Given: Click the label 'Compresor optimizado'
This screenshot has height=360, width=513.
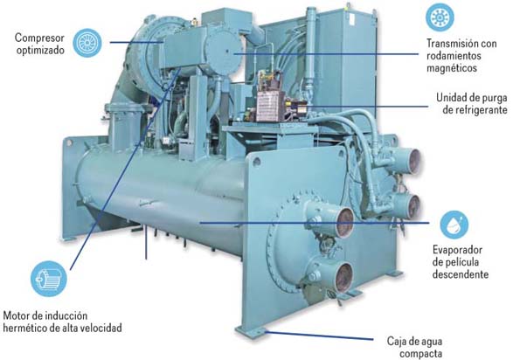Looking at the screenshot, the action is [x=39, y=44].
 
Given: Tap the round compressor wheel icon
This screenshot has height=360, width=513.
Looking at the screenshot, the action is [x=87, y=43].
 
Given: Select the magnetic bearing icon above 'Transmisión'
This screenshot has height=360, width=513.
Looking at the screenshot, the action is [x=440, y=17].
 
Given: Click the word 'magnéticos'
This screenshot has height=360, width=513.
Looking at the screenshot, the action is [x=452, y=68].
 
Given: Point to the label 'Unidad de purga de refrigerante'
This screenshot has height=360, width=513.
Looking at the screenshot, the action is [x=472, y=103].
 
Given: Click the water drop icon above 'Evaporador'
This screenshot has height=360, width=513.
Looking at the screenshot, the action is [x=454, y=225].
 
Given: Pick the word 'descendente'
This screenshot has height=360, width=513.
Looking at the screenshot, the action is [x=461, y=274].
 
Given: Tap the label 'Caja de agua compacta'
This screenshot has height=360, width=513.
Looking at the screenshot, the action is [x=415, y=347].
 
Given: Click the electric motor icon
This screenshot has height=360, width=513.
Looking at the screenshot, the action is [x=49, y=279].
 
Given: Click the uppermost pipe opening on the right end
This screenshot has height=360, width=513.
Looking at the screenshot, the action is [x=409, y=160].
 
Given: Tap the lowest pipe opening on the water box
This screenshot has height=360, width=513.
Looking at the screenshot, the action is [x=343, y=278].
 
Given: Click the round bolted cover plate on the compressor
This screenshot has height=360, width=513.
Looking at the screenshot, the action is [x=224, y=52].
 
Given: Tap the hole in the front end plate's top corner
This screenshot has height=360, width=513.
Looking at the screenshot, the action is [x=257, y=162].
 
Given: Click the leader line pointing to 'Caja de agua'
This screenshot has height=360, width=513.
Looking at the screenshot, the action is [x=319, y=336].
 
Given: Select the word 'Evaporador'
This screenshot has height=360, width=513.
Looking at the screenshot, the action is [x=457, y=250].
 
